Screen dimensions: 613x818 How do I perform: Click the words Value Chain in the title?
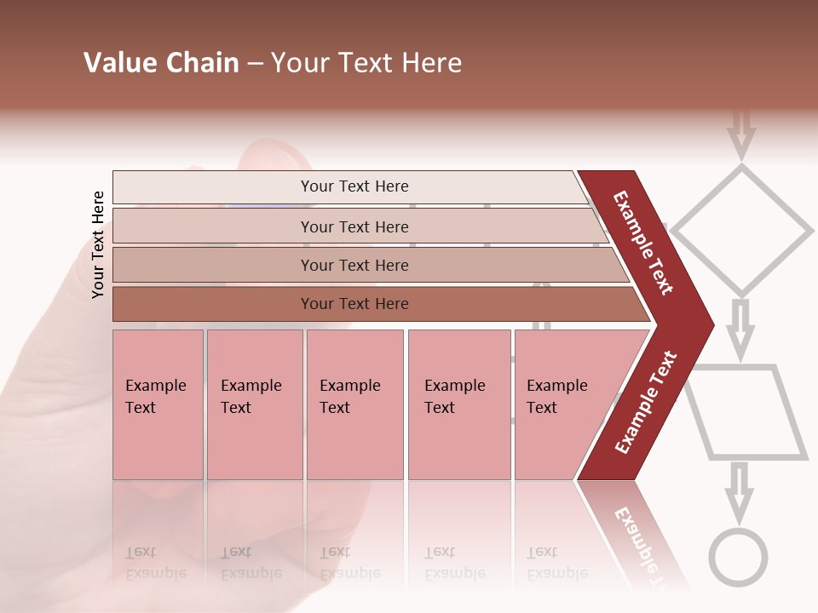pos(161,63)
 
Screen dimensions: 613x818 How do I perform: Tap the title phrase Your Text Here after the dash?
pos(366,63)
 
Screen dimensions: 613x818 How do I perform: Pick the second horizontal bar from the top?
pos(354,227)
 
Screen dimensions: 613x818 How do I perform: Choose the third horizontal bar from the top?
pos(354,266)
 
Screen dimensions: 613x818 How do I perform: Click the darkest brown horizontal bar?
pos(354,304)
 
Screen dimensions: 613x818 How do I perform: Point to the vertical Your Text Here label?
pos(98,245)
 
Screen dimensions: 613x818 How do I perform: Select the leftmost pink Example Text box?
pos(158,404)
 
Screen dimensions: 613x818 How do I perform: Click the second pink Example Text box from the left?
pos(254,404)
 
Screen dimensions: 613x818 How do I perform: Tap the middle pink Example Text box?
pos(354,404)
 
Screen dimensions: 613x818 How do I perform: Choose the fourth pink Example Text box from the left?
pos(460,404)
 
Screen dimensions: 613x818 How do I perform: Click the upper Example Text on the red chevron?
pos(644,243)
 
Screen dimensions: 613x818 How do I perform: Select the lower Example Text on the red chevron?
pos(646,402)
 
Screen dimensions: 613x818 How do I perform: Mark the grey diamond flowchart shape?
pos(742,230)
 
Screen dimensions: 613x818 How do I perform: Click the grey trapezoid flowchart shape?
pos(746,413)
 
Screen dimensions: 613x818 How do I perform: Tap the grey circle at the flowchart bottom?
pos(739,559)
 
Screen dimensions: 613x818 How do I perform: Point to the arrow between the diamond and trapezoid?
pos(741,329)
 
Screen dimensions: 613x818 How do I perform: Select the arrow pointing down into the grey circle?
pos(739,492)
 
